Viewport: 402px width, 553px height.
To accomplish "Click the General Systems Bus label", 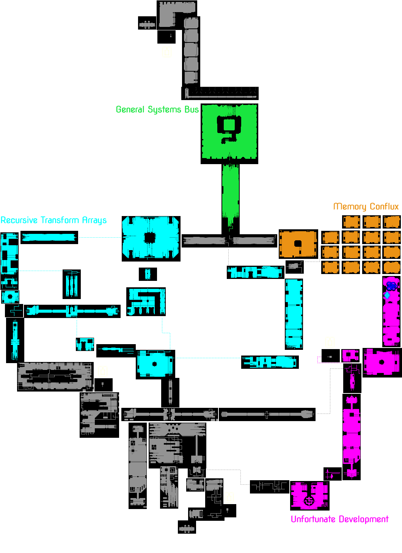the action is coord(157,110).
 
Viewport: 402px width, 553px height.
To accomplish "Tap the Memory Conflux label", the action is coord(366,207).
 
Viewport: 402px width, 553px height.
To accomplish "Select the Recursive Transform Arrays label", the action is coord(53,220).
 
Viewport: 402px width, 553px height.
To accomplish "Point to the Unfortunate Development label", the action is coord(339,519).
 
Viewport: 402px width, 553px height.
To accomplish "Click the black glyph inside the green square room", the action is coord(229,128).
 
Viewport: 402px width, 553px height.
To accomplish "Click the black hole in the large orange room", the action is coord(298,243).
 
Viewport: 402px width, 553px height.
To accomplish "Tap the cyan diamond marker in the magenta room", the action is coord(387,295).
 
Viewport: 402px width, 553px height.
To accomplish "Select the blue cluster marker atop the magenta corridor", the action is coord(392,286).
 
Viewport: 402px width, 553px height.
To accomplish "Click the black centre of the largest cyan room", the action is coord(150,238).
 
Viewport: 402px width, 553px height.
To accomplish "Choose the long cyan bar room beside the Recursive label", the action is coord(49,238).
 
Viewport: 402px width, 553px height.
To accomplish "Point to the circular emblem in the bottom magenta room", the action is coord(309,501).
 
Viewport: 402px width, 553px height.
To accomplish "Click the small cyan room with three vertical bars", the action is coord(72,284).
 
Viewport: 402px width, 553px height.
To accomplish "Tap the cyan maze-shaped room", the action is coord(146,302).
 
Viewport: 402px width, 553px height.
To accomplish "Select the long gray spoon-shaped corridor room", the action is coord(267,415).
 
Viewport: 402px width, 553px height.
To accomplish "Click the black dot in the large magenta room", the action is coord(382,362).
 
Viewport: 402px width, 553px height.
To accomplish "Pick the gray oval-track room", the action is coord(55,377).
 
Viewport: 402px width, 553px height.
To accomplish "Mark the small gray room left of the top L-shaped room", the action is coord(147,23).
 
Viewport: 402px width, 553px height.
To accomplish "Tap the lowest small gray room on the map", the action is coord(187,527).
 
